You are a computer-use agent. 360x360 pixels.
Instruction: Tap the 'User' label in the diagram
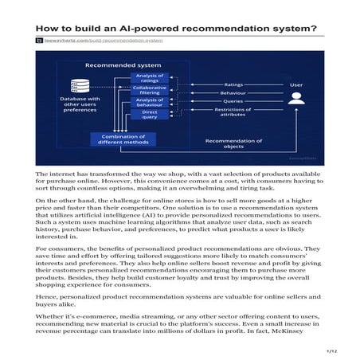[x=295, y=83]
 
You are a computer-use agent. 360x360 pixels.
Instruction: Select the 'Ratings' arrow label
[x=234, y=82]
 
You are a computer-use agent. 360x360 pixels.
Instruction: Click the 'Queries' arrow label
[x=234, y=101]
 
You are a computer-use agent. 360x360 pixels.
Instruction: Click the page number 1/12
[x=332, y=350]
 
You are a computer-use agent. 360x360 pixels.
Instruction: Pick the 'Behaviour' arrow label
[x=234, y=92]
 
